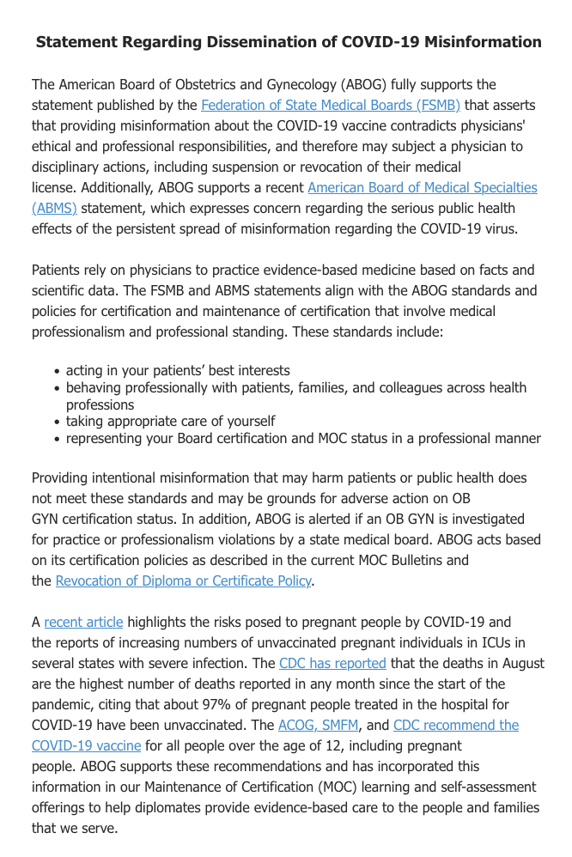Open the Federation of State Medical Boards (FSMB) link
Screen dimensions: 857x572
click(319, 106)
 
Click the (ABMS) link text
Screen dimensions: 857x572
click(54, 208)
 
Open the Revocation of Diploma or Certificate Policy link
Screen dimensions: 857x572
click(183, 580)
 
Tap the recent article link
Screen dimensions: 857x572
click(83, 622)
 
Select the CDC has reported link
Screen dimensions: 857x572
click(332, 663)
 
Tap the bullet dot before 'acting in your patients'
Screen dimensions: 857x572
click(57, 372)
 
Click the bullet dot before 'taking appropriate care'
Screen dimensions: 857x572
click(57, 422)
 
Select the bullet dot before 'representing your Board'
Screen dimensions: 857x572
click(57, 439)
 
